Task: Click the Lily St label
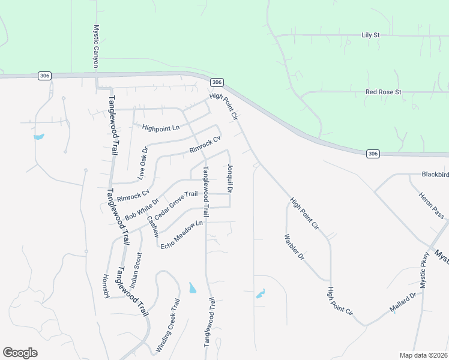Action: coord(371,35)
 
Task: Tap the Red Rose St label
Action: coord(383,92)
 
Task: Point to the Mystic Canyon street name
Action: coord(95,46)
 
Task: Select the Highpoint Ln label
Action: coord(161,128)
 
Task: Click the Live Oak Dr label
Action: coord(142,163)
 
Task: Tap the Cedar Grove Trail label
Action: coord(176,205)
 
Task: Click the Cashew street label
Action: coord(152,227)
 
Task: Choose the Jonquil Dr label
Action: coord(230,178)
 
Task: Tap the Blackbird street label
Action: coord(435,175)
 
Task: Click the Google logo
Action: coord(20,353)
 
